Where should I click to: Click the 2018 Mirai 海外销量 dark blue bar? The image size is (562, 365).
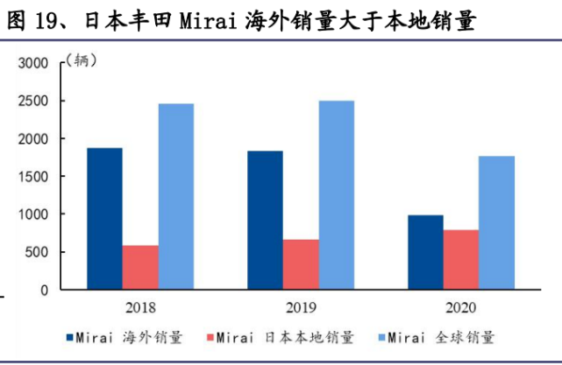(104, 219)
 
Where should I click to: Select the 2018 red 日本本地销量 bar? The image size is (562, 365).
(140, 267)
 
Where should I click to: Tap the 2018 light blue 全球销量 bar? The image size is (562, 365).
(176, 197)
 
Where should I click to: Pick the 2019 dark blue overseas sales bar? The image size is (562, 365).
(265, 220)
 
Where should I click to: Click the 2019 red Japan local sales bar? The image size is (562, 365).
(301, 264)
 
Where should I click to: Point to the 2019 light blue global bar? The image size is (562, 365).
(337, 195)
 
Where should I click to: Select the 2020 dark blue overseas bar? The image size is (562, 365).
(425, 252)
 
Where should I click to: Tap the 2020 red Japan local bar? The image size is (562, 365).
(461, 259)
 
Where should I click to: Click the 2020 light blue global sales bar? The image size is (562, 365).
(497, 222)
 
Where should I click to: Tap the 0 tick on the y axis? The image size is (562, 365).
(46, 290)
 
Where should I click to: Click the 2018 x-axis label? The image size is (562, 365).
(140, 307)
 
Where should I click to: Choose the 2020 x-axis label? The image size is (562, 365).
(461, 307)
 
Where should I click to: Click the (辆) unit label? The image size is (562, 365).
(82, 60)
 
